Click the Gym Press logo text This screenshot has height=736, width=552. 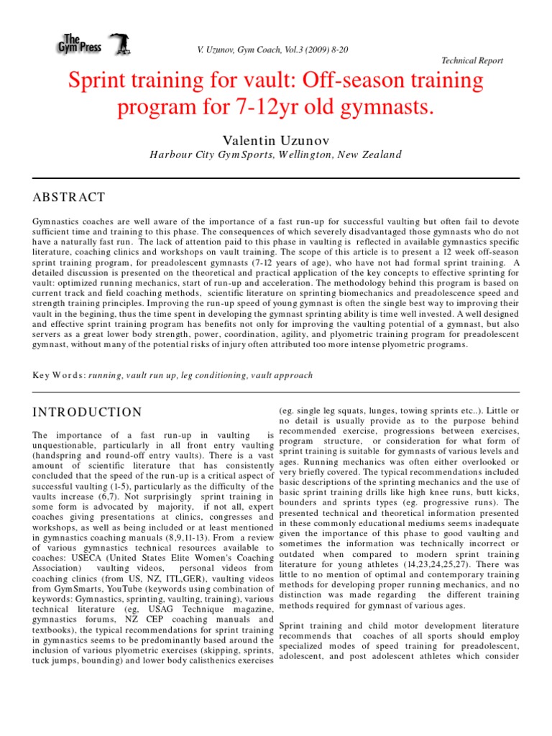(x=80, y=45)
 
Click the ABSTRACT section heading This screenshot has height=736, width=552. (x=69, y=197)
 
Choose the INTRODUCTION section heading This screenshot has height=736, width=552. (x=88, y=412)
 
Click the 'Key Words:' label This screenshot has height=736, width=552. (x=59, y=375)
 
